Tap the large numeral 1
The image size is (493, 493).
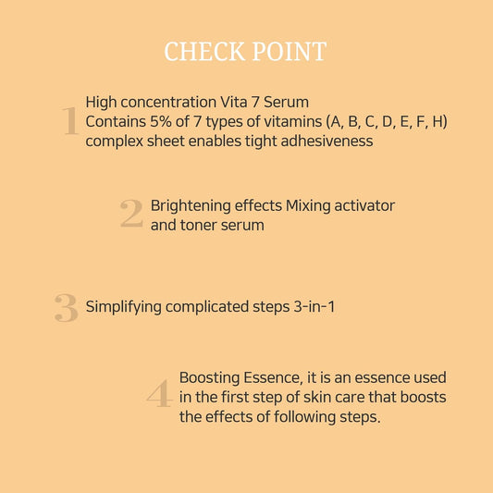[69, 121]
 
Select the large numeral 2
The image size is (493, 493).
[131, 215]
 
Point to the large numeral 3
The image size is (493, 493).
[66, 308]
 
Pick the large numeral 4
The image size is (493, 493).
[159, 396]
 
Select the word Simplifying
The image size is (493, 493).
[124, 306]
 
